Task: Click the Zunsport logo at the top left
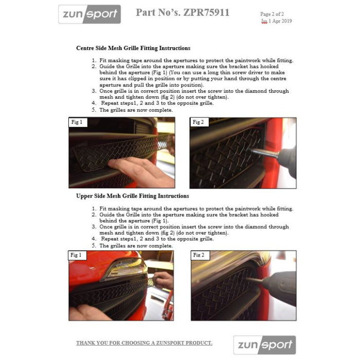click(89, 14)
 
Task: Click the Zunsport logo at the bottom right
click(264, 345)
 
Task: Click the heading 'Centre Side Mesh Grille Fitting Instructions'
click(133, 48)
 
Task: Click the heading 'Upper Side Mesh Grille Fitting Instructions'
click(132, 196)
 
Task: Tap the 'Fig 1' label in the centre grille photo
click(77, 122)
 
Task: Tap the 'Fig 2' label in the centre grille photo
click(198, 122)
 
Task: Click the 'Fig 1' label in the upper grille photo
click(77, 255)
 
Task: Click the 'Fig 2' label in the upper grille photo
click(199, 255)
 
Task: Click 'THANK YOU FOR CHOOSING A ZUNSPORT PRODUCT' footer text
click(144, 343)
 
